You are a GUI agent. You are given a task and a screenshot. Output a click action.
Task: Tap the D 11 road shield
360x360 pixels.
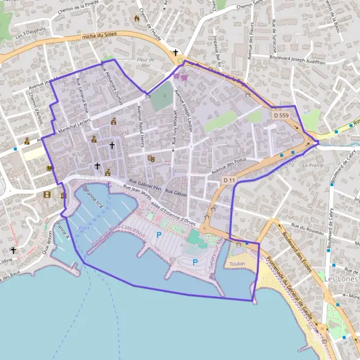click(x=229, y=180)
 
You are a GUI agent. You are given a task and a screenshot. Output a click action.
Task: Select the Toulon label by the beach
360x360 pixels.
click(x=237, y=263)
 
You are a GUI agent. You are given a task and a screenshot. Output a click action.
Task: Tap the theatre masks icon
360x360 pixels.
click(x=151, y=158)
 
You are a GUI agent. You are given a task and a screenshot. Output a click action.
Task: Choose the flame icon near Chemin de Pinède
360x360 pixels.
click(x=137, y=19)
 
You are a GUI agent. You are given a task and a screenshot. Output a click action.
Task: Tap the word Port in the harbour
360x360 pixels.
click(x=83, y=229)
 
